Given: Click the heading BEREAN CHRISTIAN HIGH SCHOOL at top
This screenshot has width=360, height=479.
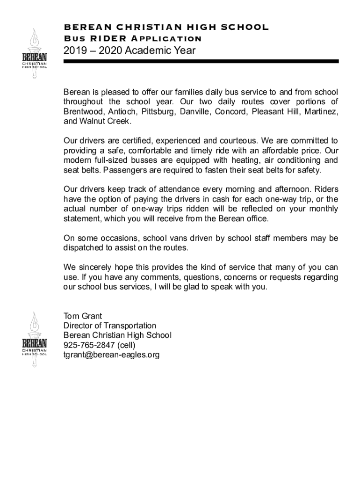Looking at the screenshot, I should tap(166, 27).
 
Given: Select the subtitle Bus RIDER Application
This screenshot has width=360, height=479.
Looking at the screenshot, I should tap(133, 38).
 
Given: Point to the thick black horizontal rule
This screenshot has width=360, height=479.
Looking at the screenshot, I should tap(201, 61).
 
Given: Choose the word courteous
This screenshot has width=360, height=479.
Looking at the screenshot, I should tap(234, 141).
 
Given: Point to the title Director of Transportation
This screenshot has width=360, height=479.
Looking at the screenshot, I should tap(110, 326).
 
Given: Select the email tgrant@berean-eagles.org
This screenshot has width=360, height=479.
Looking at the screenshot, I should tap(111, 355).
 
